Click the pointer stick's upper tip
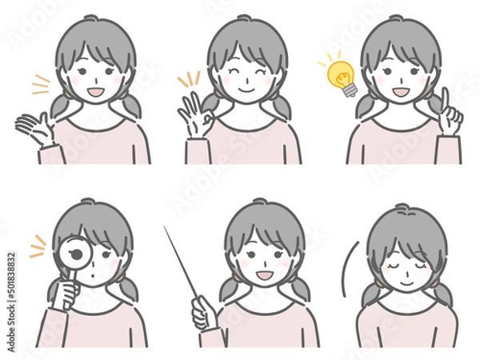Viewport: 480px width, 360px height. click(x=166, y=229)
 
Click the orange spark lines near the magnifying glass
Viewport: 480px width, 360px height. click(x=38, y=246)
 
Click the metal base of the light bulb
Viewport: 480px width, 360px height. click(x=350, y=89)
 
